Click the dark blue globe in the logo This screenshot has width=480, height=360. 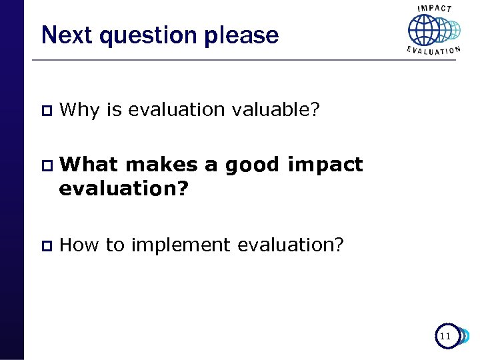point(423,30)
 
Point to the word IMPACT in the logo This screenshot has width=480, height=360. point(434,8)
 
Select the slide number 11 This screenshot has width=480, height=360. point(445,337)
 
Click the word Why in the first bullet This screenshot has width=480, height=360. point(79,109)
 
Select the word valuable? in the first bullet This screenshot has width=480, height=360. point(276,109)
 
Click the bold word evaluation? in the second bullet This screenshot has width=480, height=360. point(124,189)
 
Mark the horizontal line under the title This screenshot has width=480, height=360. point(220,60)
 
